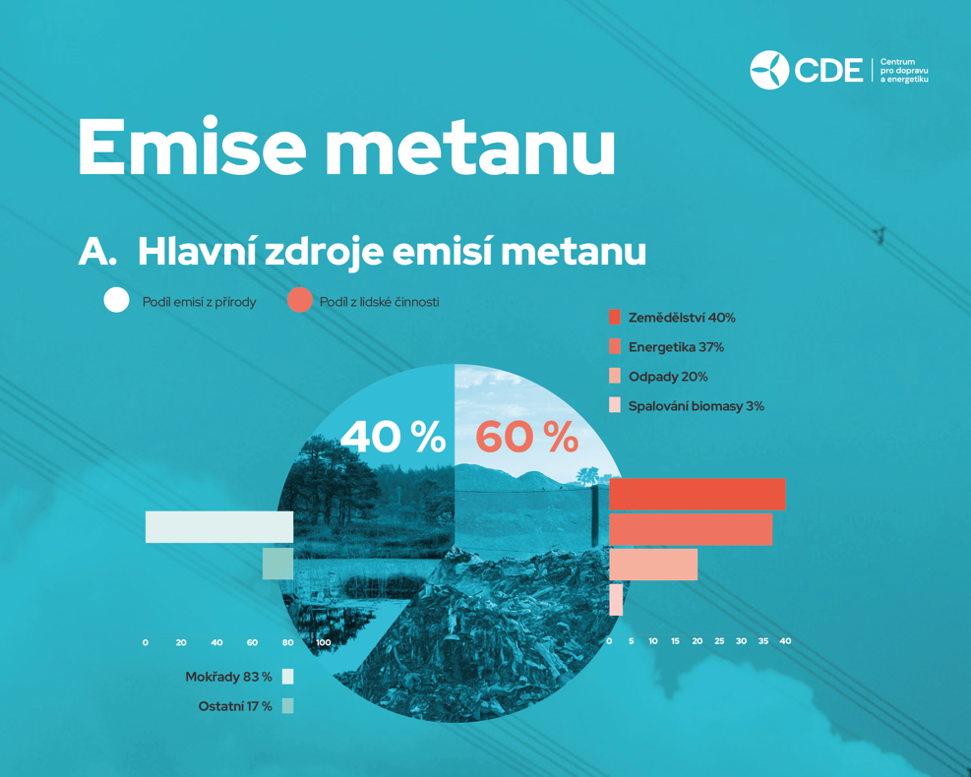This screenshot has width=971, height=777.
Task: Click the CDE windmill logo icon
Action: (x=769, y=70)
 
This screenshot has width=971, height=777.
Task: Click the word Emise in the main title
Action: (x=192, y=147)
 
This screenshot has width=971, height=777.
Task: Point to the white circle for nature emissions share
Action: (x=116, y=300)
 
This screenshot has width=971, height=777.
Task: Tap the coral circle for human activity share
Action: (x=300, y=300)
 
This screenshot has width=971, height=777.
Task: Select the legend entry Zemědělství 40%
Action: (x=673, y=318)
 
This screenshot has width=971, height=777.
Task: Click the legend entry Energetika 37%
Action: (x=667, y=347)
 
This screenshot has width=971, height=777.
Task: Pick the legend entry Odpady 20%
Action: (x=658, y=377)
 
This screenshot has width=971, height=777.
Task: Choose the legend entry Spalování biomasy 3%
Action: (x=687, y=406)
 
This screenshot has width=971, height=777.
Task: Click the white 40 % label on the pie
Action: (x=394, y=437)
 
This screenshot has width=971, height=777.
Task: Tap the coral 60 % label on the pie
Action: (x=527, y=437)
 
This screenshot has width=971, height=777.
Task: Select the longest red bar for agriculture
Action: (x=698, y=494)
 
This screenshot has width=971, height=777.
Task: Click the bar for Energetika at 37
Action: (x=691, y=529)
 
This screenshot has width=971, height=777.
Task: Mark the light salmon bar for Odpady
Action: (x=653, y=565)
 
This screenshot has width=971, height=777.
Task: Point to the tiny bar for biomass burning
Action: (x=616, y=600)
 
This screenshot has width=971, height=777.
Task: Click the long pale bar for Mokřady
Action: (x=219, y=527)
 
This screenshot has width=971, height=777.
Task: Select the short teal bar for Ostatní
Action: (x=278, y=564)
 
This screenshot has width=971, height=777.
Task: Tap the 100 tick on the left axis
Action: (x=324, y=642)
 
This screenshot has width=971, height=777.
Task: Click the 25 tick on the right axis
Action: (x=719, y=641)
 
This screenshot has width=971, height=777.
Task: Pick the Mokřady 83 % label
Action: (x=228, y=677)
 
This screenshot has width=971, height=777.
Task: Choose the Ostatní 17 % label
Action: (x=235, y=706)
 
